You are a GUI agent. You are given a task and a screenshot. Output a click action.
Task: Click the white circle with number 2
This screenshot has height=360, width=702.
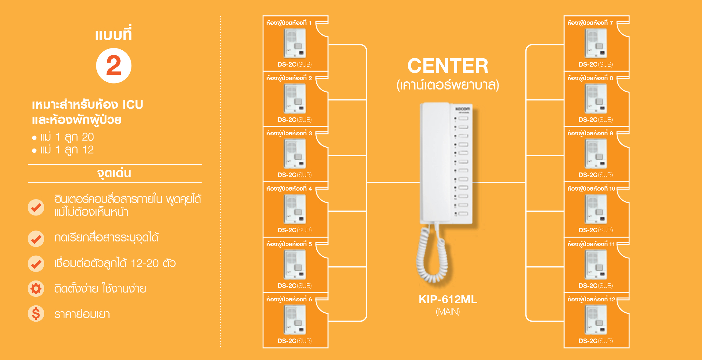pyautogui.click(x=114, y=66)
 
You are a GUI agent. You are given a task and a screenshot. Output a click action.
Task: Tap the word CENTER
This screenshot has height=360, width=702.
pyautogui.click(x=448, y=66)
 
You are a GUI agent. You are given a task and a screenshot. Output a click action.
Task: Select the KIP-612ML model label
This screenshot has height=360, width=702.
pyautogui.click(x=448, y=299)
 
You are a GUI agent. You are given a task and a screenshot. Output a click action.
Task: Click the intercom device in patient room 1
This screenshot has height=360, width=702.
pyautogui.click(x=295, y=43)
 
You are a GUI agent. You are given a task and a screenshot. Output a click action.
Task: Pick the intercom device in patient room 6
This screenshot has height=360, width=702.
pyautogui.click(x=295, y=320)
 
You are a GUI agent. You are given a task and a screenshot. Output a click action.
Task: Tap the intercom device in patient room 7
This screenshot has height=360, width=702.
pyautogui.click(x=596, y=43)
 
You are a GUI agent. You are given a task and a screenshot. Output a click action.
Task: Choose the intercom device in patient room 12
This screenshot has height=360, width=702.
pyautogui.click(x=596, y=320)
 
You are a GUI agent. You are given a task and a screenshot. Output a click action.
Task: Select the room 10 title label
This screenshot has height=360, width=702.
pyautogui.click(x=591, y=188)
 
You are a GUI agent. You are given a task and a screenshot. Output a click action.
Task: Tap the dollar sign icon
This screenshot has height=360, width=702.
pyautogui.click(x=36, y=314)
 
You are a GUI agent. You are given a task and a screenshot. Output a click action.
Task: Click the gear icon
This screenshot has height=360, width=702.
pyautogui.click(x=36, y=288)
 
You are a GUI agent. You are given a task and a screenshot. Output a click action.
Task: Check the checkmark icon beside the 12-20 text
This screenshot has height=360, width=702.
pyautogui.click(x=36, y=263)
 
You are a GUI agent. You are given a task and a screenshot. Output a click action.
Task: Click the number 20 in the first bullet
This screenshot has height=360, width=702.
pyautogui.click(x=88, y=137)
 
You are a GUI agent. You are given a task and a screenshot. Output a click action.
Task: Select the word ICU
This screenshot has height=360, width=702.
pyautogui.click(x=133, y=105)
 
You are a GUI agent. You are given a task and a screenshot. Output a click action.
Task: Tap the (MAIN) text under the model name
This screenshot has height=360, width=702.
pyautogui.click(x=448, y=312)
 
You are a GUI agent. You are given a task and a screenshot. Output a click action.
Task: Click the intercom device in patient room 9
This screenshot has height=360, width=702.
pyautogui.click(x=596, y=154)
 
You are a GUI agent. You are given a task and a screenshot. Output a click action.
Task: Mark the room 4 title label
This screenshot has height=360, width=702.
pyautogui.click(x=289, y=188)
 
